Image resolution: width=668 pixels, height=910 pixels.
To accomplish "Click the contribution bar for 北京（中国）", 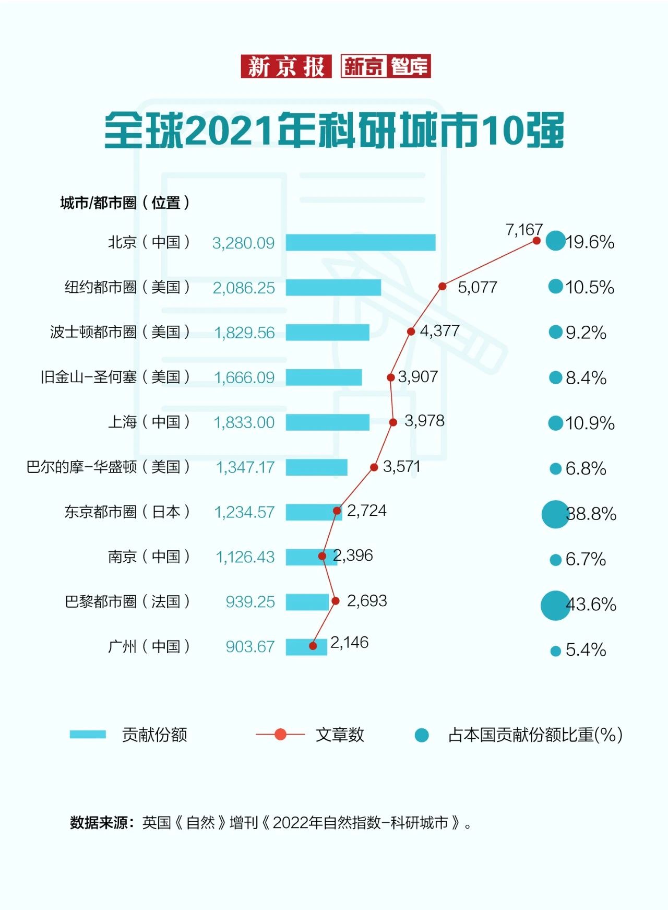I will click(x=360, y=243).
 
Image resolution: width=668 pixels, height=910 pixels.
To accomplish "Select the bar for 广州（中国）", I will click(x=306, y=647).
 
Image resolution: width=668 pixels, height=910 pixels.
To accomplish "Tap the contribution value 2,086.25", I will click(x=243, y=288).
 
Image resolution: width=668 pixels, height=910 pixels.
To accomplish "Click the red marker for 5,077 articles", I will click(x=442, y=286).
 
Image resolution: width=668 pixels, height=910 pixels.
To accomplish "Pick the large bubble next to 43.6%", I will click(x=555, y=605).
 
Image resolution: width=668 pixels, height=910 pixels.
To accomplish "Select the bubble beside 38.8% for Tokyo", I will click(x=555, y=514).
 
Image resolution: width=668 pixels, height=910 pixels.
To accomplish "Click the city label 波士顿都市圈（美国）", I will click(x=120, y=332).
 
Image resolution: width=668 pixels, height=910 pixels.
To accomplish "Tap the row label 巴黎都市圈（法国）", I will click(x=127, y=601).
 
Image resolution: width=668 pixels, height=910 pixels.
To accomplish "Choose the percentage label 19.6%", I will click(x=590, y=242).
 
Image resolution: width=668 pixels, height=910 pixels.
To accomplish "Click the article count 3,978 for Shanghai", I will click(x=424, y=421).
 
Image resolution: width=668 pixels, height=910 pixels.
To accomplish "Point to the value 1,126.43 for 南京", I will click(x=245, y=557).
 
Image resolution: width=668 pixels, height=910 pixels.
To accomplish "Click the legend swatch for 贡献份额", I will click(x=88, y=735).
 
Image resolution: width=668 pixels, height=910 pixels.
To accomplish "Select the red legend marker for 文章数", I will click(x=280, y=735).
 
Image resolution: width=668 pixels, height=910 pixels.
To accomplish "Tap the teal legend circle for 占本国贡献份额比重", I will click(x=421, y=735).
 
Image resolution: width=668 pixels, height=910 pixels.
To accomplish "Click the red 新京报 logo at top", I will click(x=285, y=66).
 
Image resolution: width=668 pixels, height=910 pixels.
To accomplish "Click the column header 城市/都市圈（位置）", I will click(x=125, y=203).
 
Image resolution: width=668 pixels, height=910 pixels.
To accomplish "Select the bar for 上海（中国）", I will click(x=327, y=422).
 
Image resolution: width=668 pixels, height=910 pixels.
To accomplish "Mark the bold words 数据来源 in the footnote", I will click(x=99, y=823).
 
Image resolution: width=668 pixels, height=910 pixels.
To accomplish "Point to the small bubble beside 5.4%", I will click(x=555, y=651).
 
